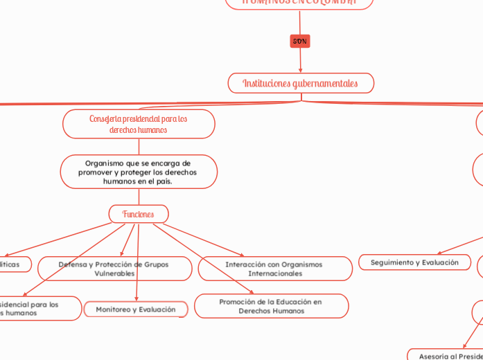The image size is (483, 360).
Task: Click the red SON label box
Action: [299, 42]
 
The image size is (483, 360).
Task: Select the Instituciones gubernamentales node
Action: [301, 83]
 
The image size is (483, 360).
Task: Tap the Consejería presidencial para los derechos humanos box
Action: [139, 124]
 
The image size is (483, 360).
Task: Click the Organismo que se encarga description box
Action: [139, 172]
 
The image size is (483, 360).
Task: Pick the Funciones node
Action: [139, 214]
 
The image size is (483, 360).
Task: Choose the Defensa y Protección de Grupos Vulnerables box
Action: [114, 269]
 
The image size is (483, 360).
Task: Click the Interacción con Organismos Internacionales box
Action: [275, 269]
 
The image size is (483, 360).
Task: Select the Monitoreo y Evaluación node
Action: [136, 309]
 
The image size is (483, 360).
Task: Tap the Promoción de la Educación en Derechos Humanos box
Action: [271, 306]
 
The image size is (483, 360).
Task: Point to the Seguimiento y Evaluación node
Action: [414, 262]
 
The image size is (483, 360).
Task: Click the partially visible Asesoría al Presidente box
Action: [447, 355]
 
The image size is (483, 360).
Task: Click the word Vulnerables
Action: [114, 273]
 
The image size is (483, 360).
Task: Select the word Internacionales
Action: [275, 273]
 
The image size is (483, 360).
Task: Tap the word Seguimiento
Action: [394, 262]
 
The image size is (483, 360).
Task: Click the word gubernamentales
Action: [326, 83]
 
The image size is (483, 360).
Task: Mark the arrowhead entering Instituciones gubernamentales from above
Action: [301, 70]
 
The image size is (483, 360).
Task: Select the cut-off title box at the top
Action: [299, 3]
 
